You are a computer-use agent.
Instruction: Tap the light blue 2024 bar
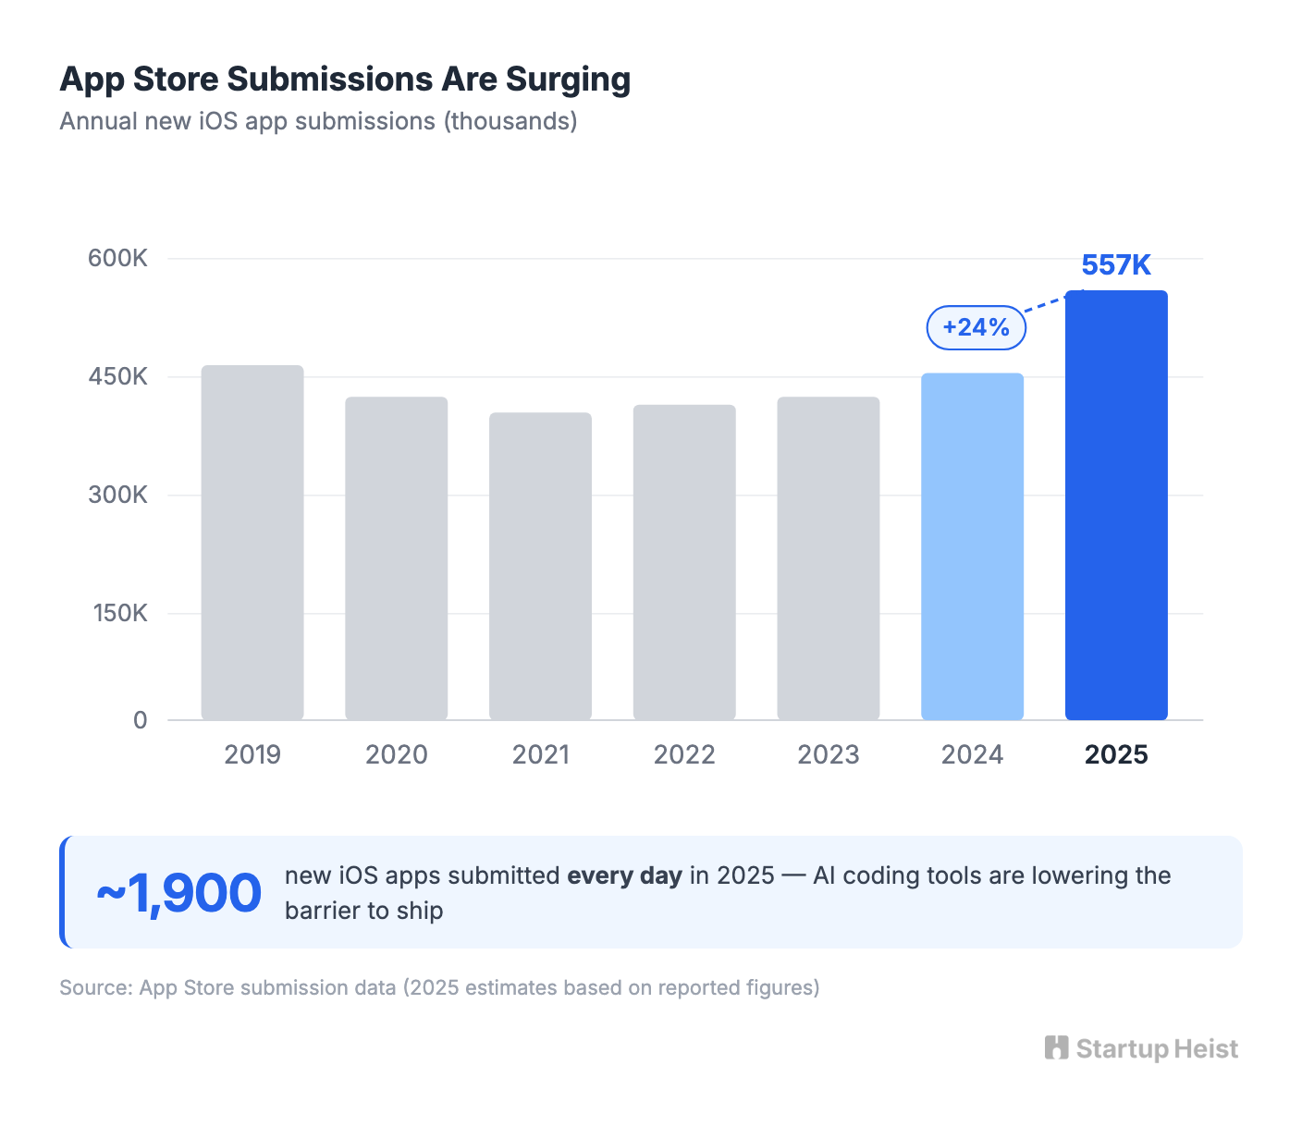click(x=972, y=546)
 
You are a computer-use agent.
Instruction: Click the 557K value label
click(x=1116, y=265)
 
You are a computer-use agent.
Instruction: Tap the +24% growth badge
click(x=976, y=327)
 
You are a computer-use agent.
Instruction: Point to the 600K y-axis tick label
click(x=117, y=258)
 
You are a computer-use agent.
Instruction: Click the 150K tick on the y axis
click(x=119, y=613)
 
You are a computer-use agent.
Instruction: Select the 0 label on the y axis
click(x=140, y=720)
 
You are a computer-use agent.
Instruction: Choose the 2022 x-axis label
click(x=684, y=755)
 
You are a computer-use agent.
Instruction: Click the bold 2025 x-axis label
click(x=1116, y=755)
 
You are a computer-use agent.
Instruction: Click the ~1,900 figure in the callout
click(x=179, y=893)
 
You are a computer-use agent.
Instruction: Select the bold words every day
click(x=624, y=875)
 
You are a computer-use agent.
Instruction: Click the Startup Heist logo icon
click(x=1056, y=1047)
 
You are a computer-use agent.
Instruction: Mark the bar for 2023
click(x=828, y=558)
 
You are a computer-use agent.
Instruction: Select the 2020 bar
click(x=396, y=558)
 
